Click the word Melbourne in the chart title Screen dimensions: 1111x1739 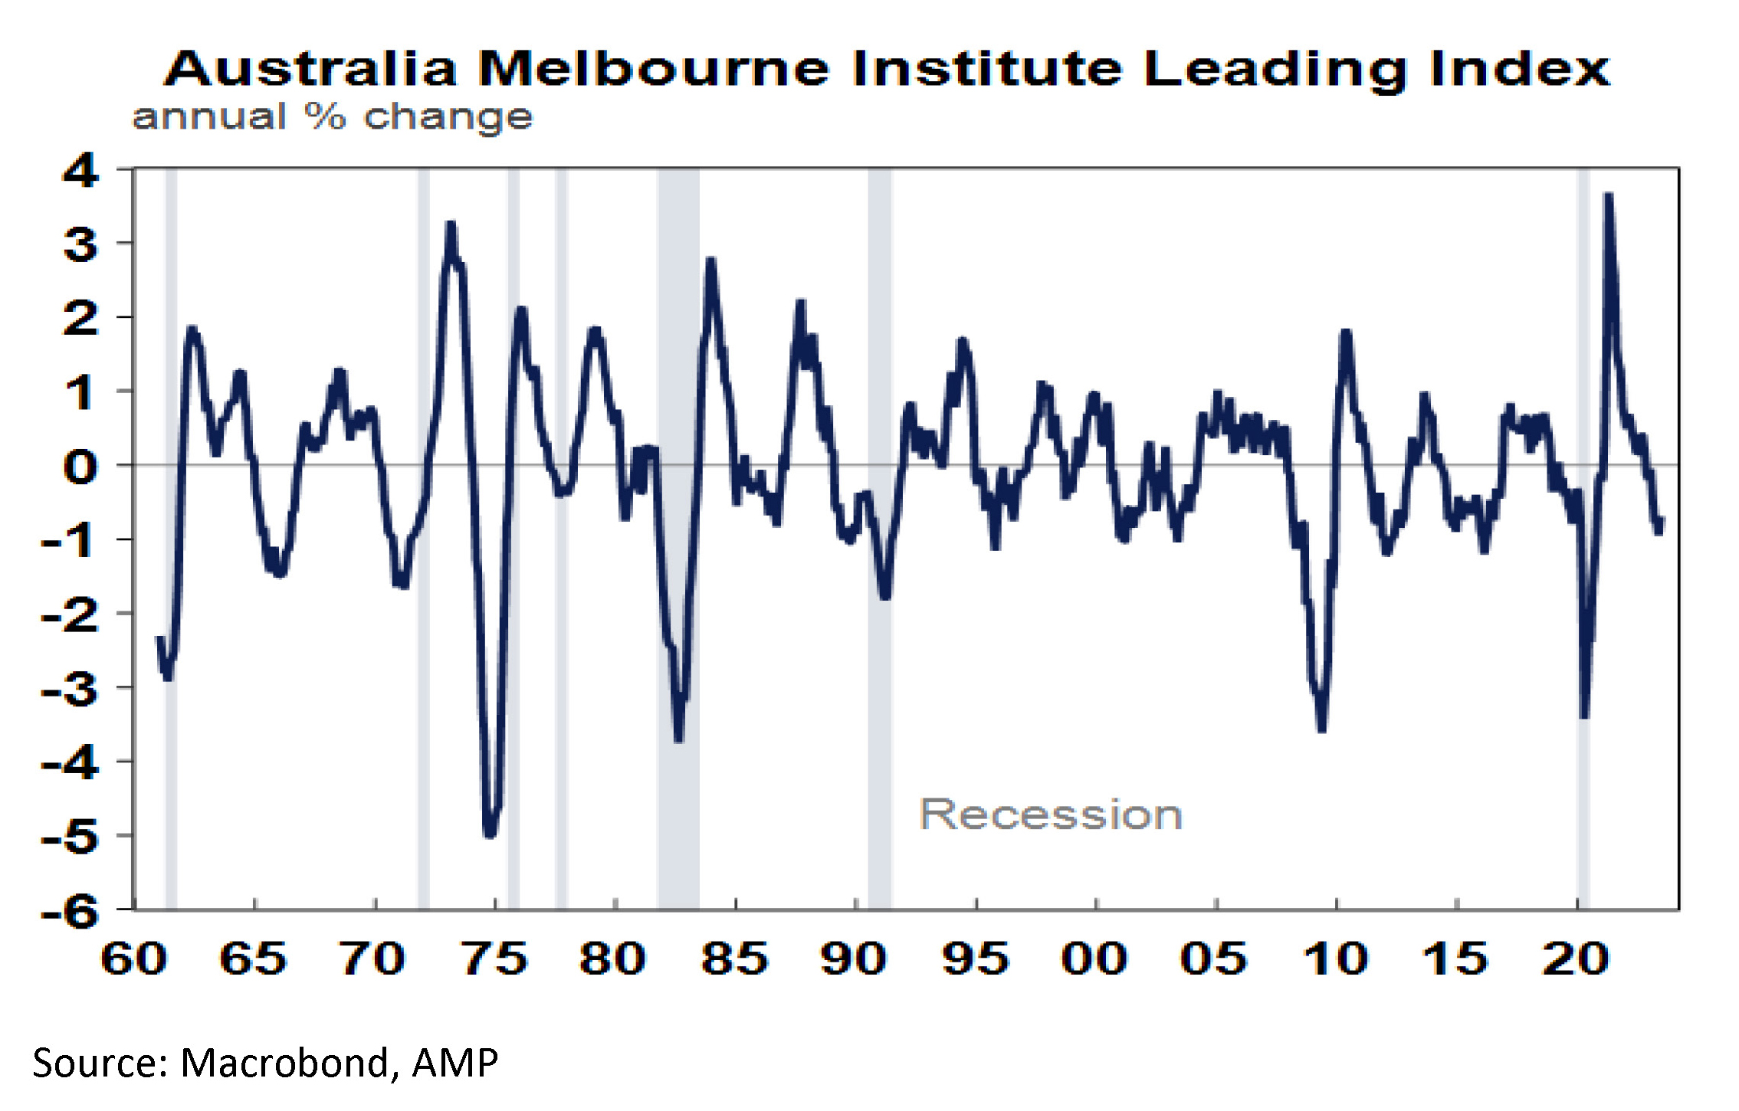click(x=653, y=69)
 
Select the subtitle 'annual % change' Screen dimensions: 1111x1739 click(x=332, y=117)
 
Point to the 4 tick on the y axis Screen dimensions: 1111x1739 click(x=80, y=169)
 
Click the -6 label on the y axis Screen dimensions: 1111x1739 click(x=71, y=911)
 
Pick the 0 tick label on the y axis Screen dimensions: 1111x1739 click(x=80, y=466)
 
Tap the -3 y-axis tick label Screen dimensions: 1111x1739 click(x=71, y=688)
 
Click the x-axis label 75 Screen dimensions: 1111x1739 click(x=495, y=959)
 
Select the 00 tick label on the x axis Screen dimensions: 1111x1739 click(x=1094, y=959)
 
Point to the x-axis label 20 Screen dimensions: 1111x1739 click(x=1575, y=959)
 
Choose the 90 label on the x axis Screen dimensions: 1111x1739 click(x=854, y=959)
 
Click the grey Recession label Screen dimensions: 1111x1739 click(x=1050, y=814)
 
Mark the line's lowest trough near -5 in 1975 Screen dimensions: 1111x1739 click(x=491, y=834)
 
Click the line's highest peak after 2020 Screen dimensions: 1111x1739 click(x=1608, y=196)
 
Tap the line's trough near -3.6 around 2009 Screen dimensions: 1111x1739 click(x=1321, y=729)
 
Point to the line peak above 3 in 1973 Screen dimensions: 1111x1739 click(x=451, y=224)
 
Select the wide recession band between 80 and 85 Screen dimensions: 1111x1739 click(x=678, y=536)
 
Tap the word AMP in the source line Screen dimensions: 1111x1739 click(x=455, y=1063)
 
